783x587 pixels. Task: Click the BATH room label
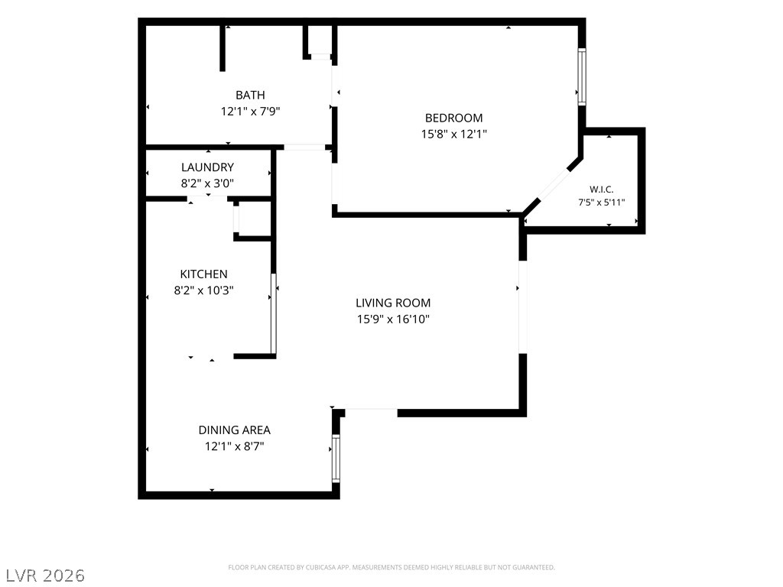click(x=250, y=95)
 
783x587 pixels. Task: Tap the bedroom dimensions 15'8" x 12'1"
click(x=454, y=134)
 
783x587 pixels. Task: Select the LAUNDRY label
click(x=207, y=167)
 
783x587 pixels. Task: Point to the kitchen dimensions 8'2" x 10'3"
click(x=203, y=290)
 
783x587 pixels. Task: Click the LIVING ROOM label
click(x=393, y=303)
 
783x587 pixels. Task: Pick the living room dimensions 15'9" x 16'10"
click(x=393, y=319)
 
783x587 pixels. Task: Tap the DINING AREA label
click(x=234, y=430)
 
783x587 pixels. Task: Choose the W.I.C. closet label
click(x=601, y=190)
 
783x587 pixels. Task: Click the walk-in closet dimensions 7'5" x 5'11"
click(x=601, y=203)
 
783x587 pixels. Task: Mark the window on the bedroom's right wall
click(x=582, y=76)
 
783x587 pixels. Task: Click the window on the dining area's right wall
click(x=336, y=459)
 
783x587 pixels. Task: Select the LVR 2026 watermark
click(x=43, y=576)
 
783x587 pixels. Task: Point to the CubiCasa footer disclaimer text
click(x=391, y=568)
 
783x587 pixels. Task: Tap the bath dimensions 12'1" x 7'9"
click(x=250, y=111)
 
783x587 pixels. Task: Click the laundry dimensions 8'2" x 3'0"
click(x=207, y=183)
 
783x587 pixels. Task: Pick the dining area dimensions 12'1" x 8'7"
click(x=234, y=446)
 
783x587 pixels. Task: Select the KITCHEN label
click(x=203, y=274)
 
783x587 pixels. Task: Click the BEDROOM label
click(x=454, y=118)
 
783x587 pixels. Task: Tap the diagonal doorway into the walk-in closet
click(x=554, y=185)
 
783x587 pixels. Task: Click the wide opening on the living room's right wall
click(x=523, y=307)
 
